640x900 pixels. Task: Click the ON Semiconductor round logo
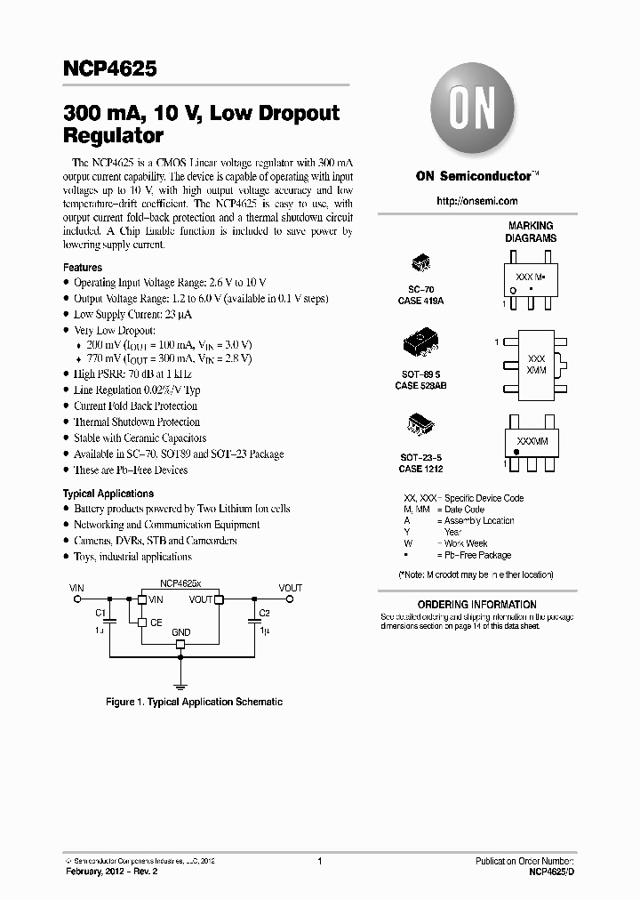[x=469, y=114]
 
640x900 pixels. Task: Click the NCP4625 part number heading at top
[x=110, y=68]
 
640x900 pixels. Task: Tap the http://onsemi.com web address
[x=476, y=202]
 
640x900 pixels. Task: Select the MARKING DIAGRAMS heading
[x=531, y=232]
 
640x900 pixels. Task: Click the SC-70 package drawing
[x=420, y=264]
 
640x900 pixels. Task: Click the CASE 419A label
[x=420, y=301]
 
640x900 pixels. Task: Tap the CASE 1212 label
[x=420, y=469]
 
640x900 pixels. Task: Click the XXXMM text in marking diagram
[x=532, y=441]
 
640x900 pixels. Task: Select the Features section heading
[x=83, y=268]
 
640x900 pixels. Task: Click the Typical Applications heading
[x=108, y=494]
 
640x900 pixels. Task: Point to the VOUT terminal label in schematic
[x=290, y=588]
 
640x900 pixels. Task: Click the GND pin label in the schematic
[x=181, y=632]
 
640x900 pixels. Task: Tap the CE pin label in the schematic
[x=156, y=623]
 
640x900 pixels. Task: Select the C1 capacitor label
[x=100, y=613]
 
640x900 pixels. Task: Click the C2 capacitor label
[x=264, y=613]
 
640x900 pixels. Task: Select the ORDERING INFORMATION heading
[x=477, y=605]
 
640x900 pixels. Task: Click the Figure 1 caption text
[x=194, y=703]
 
